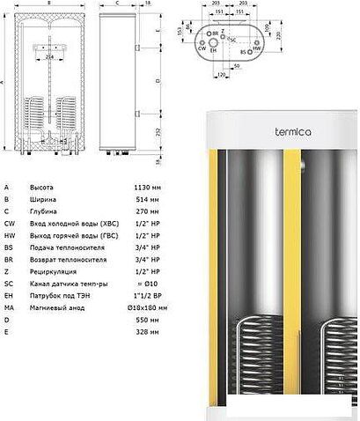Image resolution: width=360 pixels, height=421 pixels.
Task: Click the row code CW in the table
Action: pyautogui.click(x=8, y=224)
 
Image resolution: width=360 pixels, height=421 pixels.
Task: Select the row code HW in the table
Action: pyautogui.click(x=8, y=236)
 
